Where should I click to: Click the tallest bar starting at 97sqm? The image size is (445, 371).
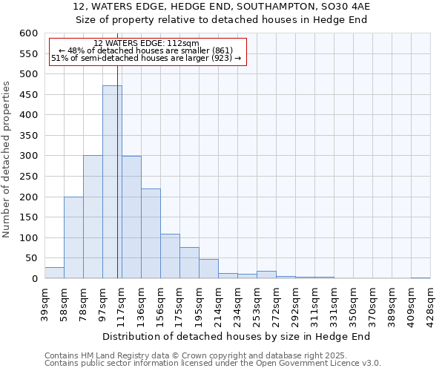[x=112, y=182]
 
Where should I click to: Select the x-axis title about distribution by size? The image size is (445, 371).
[x=237, y=336]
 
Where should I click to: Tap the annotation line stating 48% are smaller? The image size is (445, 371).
[x=145, y=50]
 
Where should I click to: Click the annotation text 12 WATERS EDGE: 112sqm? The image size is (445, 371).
[x=146, y=43]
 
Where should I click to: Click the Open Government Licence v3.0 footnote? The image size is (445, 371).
[x=212, y=364]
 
